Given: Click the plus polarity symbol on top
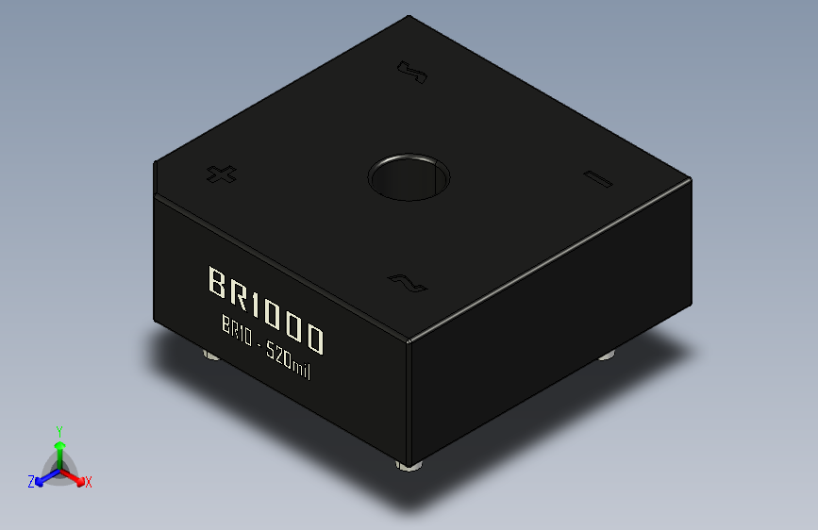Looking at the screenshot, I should point(221,174).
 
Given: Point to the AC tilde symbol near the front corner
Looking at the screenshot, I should point(406,281).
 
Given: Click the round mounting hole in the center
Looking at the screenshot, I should point(409,176).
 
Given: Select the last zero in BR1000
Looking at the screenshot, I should point(314,339).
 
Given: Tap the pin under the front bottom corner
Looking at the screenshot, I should point(409,466).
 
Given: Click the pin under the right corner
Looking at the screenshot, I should point(609,356).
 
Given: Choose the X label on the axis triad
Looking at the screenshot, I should point(89,482).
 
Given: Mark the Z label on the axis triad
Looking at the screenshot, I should point(31,482).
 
